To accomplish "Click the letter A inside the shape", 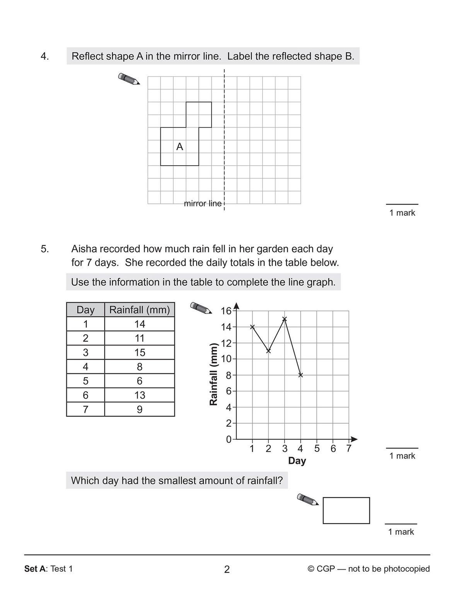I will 179,147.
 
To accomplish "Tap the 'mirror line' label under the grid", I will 203,203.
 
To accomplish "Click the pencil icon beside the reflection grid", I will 129,79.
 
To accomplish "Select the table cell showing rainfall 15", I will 140,352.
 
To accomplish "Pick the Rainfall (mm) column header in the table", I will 140,310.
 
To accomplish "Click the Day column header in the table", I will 85,310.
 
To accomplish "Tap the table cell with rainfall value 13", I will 140,395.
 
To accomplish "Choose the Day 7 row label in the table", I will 85,410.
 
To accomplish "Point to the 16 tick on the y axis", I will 225,311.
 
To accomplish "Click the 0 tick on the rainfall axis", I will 229,440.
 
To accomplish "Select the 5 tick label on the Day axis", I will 317,449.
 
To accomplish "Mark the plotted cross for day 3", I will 285,319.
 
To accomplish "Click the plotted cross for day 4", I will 301,375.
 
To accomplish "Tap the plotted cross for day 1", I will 252,327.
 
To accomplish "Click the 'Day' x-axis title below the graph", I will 297,461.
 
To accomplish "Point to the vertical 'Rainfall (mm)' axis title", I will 213,374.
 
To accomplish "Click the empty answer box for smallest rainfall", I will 346,510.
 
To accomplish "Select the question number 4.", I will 44,56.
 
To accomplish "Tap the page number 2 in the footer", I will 227,569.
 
